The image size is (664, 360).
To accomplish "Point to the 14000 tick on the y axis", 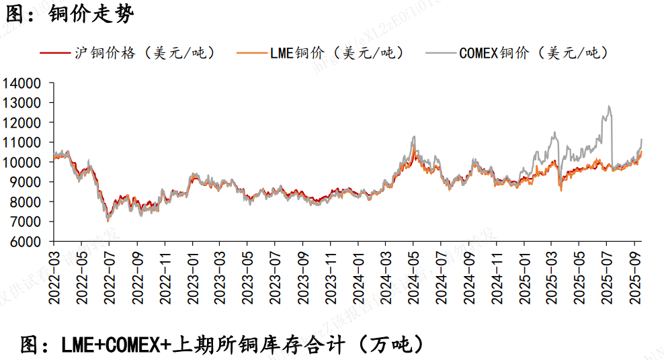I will click(22, 84).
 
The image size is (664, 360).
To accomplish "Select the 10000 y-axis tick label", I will click(22, 163).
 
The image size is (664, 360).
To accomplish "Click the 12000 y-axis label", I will click(22, 123).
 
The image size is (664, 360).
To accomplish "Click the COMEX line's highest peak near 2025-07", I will click(609, 106).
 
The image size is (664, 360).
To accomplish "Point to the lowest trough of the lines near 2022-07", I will click(108, 220).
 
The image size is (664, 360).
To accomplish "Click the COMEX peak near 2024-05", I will click(414, 137).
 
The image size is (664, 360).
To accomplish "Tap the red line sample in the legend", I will click(54, 53).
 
